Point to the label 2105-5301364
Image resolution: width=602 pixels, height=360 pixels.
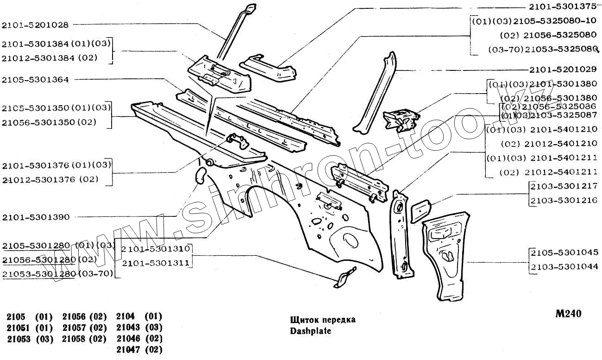pos(35,80)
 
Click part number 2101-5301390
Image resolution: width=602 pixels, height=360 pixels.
pos(35,217)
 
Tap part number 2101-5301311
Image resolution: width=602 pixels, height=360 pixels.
pos(156,263)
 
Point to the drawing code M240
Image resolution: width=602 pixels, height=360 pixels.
pos(568,314)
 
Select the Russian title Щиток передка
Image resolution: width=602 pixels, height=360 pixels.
pos(323,320)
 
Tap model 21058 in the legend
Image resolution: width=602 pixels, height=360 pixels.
pos(73,339)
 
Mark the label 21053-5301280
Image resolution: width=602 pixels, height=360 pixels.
pos(39,274)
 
